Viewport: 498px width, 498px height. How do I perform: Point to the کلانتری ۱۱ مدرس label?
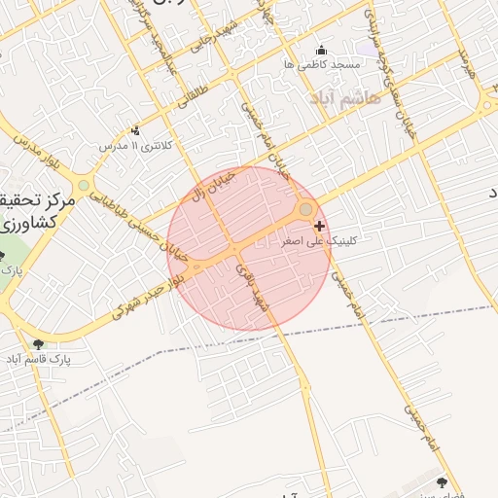(x=137, y=145)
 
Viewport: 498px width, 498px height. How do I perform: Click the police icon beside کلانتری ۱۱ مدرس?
(x=135, y=130)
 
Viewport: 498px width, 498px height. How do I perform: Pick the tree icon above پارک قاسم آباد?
(x=39, y=343)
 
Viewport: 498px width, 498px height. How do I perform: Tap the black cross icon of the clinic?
(x=320, y=226)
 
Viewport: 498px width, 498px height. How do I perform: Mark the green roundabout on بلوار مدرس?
(x=84, y=185)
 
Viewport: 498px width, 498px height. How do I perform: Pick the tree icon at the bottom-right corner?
(x=443, y=481)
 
